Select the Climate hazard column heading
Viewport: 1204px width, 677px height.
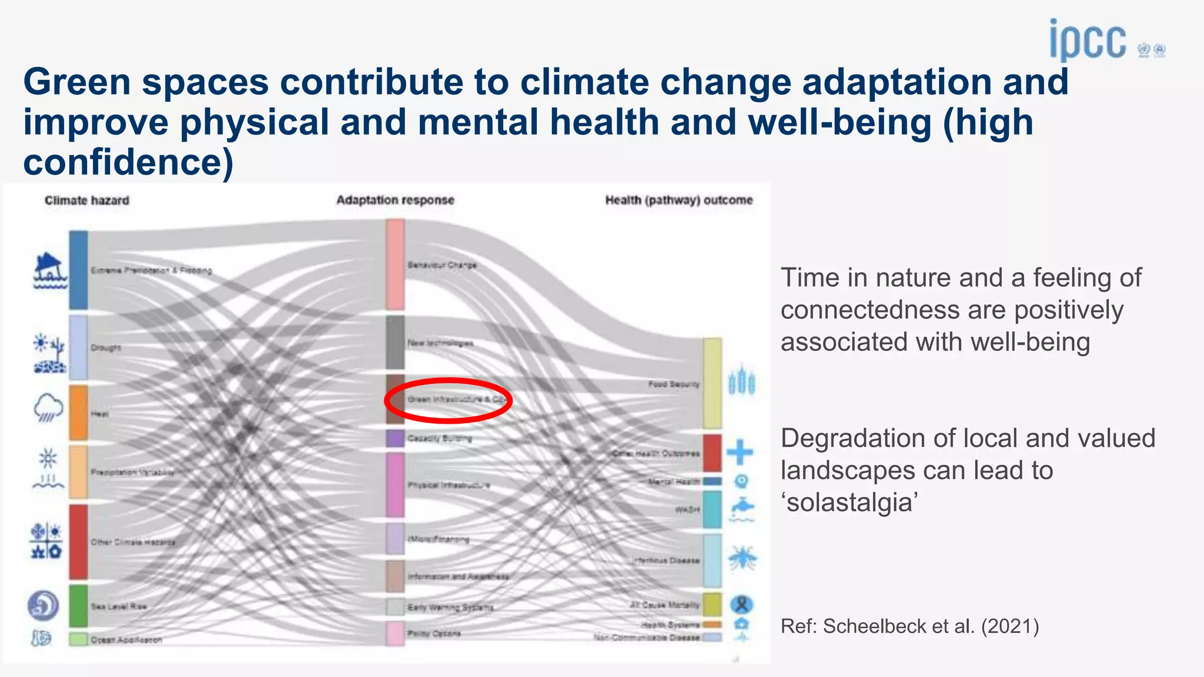[x=87, y=200]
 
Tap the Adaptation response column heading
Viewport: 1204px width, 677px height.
[x=395, y=200]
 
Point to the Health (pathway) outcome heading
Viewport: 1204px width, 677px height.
[x=678, y=200]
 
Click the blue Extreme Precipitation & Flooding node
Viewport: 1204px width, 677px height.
[x=78, y=270]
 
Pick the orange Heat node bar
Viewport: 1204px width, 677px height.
[x=78, y=413]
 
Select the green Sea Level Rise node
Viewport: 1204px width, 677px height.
[x=78, y=605]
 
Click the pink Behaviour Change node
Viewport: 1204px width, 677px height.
[x=395, y=264]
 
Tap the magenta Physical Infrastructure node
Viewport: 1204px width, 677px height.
[x=395, y=485]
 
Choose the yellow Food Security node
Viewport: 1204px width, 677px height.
[x=712, y=383]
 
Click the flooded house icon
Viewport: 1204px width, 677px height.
[x=48, y=271]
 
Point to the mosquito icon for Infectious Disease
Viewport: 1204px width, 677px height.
[x=743, y=558]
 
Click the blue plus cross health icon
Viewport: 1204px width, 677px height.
[x=740, y=452]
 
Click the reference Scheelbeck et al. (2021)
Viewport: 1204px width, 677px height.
[x=909, y=626]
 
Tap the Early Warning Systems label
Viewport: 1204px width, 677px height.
[x=450, y=607]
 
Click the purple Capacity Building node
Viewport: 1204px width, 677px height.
[x=395, y=438]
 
